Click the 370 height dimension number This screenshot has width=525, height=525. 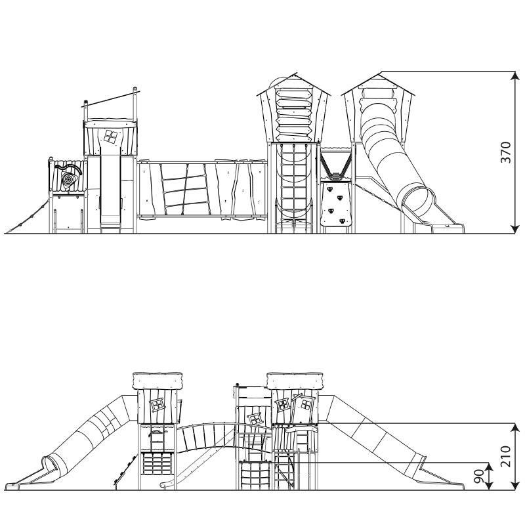click(505, 152)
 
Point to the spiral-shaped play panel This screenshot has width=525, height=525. click(68, 177)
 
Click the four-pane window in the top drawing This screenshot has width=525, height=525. click(110, 137)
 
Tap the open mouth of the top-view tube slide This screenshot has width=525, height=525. click(417, 200)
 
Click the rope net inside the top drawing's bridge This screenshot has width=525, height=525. click(184, 188)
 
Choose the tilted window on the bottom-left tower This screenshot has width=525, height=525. click(157, 403)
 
